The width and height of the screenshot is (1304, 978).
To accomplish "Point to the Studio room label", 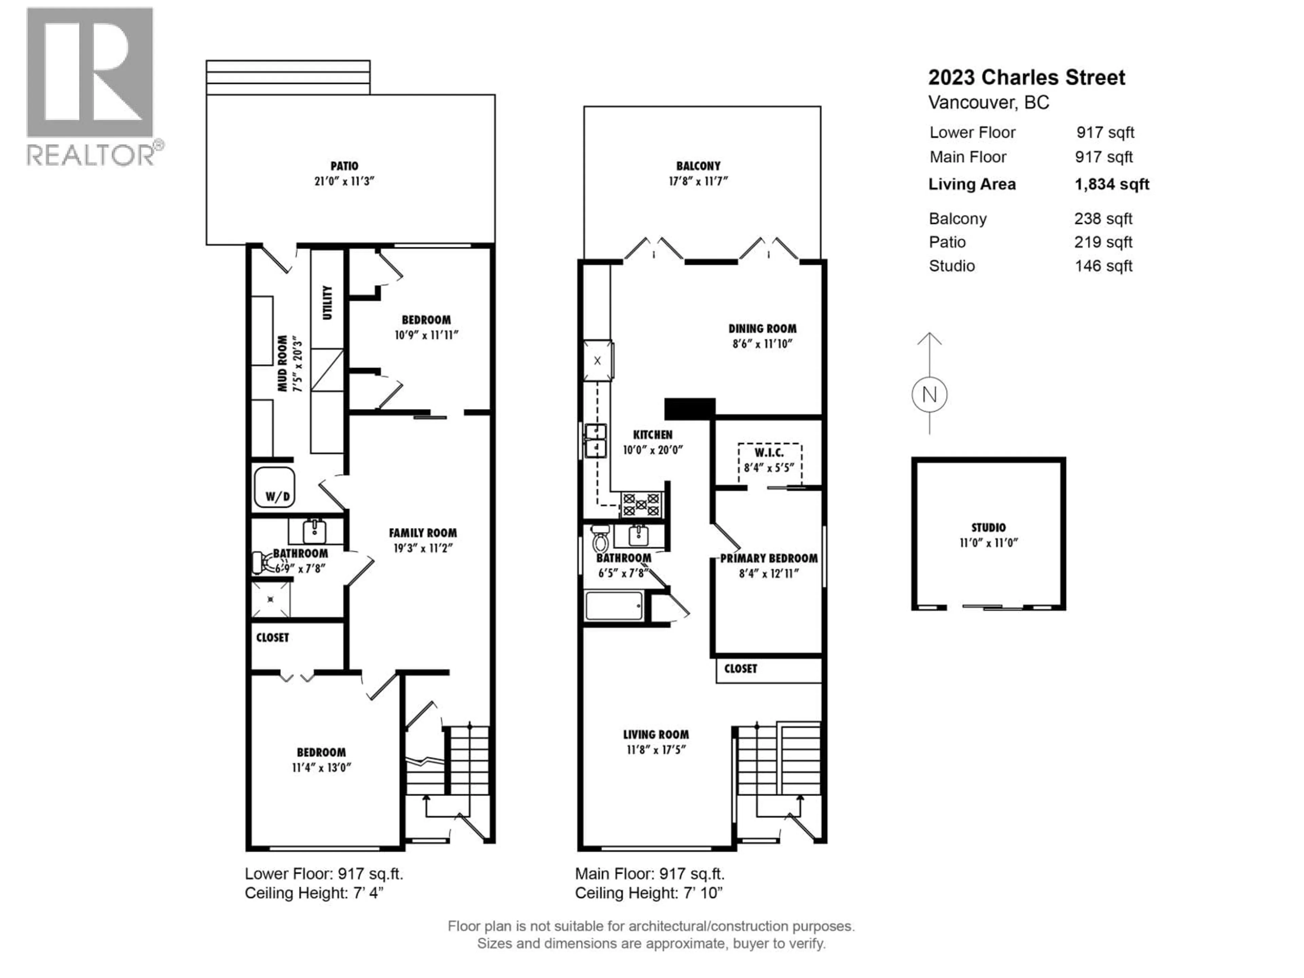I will pyautogui.click(x=989, y=528).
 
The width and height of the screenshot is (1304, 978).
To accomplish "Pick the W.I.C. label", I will pyautogui.click(x=769, y=453).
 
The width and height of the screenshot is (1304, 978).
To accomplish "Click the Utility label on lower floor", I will pyautogui.click(x=327, y=303).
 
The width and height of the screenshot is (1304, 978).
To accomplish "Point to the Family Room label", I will pyautogui.click(x=423, y=533).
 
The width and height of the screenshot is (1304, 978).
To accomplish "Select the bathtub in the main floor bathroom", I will pyautogui.click(x=614, y=606).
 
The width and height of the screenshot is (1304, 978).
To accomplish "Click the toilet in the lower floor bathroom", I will pyautogui.click(x=259, y=562).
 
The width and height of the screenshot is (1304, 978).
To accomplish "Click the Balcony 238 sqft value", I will pyautogui.click(x=1102, y=219).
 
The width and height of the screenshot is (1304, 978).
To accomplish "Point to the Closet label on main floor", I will pyautogui.click(x=740, y=669).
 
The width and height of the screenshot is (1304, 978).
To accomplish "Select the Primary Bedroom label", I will pyautogui.click(x=769, y=558).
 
